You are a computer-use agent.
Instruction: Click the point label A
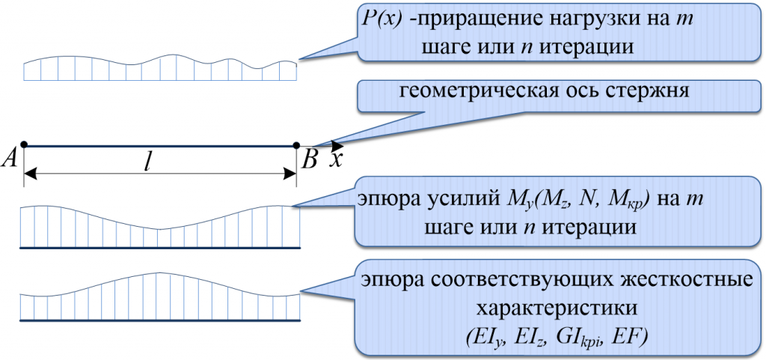(13, 158)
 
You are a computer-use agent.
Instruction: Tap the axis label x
(337, 159)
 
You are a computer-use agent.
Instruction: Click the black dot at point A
(25, 144)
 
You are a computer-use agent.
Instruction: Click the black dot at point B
(296, 145)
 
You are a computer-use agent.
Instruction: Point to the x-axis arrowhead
(337, 145)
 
